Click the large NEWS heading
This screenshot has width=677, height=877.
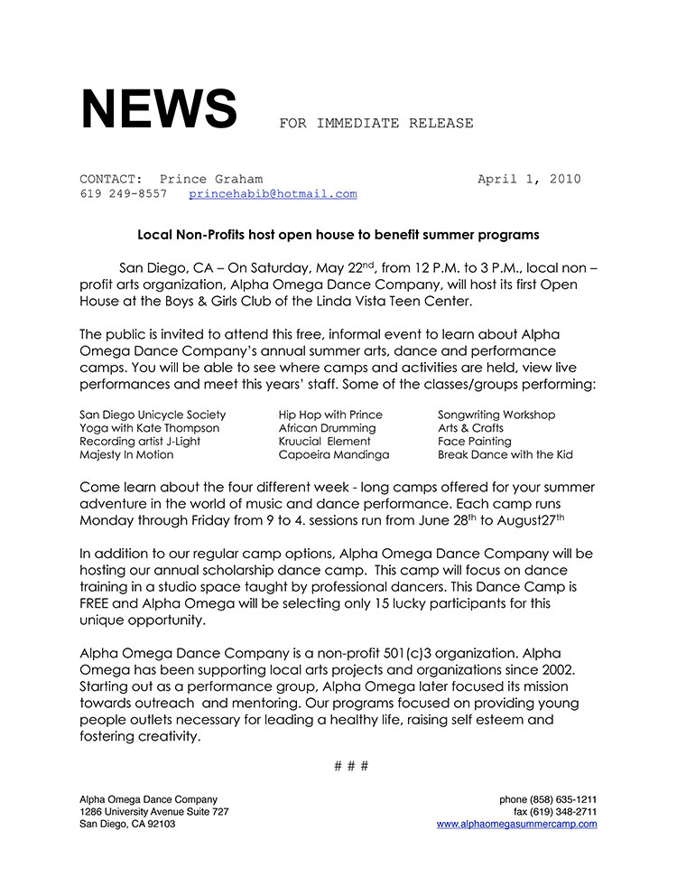158,109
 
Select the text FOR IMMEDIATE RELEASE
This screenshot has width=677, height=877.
376,123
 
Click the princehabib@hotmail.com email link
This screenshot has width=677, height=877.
273,194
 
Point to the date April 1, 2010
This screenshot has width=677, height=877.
528,179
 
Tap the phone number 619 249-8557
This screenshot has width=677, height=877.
123,194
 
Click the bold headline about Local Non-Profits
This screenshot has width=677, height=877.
338,235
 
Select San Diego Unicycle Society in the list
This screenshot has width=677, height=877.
153,415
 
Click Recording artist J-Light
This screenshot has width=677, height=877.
140,442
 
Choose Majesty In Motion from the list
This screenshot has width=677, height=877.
125,455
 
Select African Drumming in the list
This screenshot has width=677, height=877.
327,428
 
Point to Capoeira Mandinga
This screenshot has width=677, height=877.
334,455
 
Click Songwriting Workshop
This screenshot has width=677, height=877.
496,415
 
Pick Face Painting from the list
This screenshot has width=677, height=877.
475,442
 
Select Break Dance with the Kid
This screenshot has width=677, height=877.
505,455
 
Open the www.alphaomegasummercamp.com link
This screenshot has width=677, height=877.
516,824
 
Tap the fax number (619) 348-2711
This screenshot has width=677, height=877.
555,811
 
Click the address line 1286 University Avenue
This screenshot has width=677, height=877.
153,811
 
